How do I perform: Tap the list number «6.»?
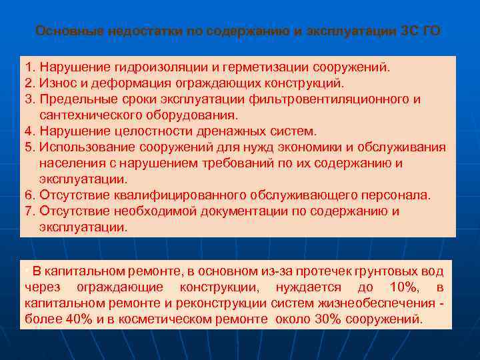point(30,195)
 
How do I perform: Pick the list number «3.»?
point(30,99)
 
